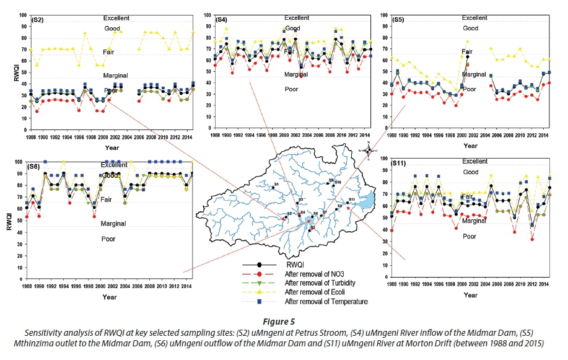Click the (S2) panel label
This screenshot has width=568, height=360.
[x=37, y=21]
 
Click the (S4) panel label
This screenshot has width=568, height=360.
[x=221, y=20]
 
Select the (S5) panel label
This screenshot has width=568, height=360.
[x=400, y=21]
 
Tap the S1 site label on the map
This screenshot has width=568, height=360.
[x=276, y=185]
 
